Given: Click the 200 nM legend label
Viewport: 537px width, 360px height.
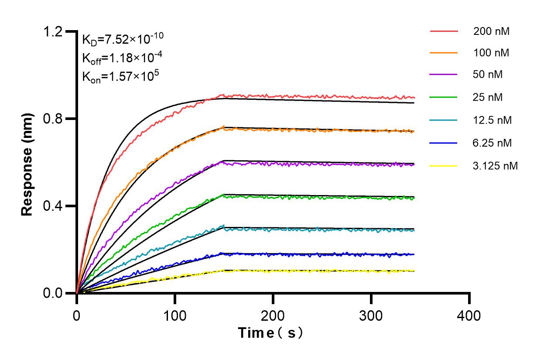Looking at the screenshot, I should tap(491, 31).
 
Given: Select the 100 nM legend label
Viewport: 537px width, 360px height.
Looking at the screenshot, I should tap(491, 53).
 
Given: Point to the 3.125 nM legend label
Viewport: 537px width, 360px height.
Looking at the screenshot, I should tap(496, 166).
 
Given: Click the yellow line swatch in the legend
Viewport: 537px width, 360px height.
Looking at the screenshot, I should tap(444, 166).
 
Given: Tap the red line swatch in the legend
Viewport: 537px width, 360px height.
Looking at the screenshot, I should tap(444, 31).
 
